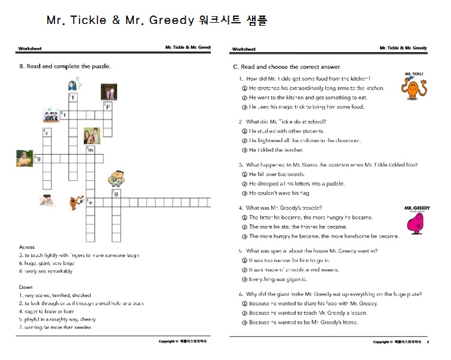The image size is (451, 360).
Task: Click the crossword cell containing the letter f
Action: point(72,97)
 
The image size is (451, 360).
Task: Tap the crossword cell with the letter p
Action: point(108,107)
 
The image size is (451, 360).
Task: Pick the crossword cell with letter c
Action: point(46,133)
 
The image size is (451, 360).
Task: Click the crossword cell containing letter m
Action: point(90,150)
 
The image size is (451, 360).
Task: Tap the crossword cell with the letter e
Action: point(90,203)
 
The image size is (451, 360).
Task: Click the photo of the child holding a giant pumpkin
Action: point(24,158)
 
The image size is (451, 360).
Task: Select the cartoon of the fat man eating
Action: point(116,178)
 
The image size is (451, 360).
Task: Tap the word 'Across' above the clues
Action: point(27,247)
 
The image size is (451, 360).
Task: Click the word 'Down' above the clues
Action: point(26,287)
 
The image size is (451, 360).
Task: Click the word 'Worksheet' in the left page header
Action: point(30,48)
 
